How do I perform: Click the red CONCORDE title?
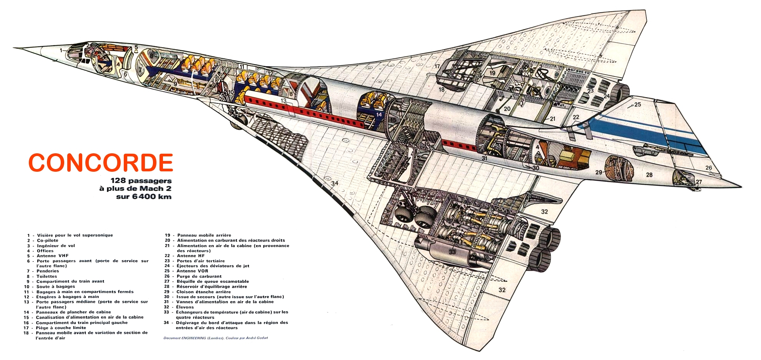(101, 163)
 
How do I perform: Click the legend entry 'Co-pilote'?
(48, 241)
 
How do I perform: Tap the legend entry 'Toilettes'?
(47, 276)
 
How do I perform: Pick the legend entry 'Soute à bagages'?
(56, 287)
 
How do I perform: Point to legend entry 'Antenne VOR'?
(192, 271)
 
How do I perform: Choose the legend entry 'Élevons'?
(185, 307)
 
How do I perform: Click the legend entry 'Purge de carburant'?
(199, 276)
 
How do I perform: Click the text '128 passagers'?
(141, 180)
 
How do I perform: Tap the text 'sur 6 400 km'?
(143, 196)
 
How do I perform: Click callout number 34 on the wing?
(335, 183)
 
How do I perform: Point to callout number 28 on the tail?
(649, 175)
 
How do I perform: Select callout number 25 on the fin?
(638, 105)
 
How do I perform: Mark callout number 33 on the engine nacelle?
(452, 252)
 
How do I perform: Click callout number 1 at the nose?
(61, 50)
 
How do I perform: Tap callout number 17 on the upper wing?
(437, 66)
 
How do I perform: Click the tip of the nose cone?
(15, 48)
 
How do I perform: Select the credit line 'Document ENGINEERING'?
(216, 338)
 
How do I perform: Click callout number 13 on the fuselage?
(283, 101)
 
